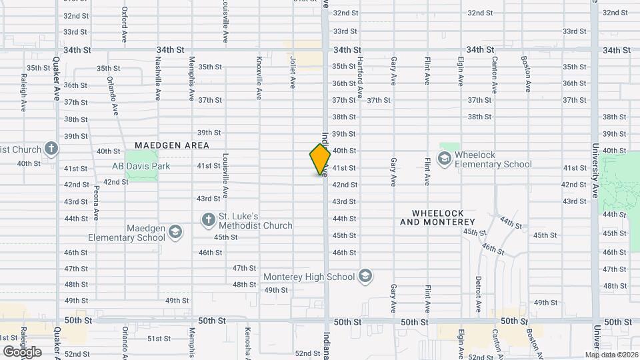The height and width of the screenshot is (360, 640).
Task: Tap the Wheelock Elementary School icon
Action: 444,158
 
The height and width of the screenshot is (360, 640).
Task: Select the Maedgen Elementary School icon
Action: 175,232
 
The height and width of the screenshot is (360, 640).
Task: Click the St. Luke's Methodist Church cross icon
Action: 208,219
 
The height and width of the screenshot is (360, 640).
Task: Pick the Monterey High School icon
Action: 364,276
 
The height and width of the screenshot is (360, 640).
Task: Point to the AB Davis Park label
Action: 141,166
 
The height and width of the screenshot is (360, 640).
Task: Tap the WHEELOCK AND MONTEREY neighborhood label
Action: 437,217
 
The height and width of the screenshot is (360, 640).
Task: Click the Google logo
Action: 22,351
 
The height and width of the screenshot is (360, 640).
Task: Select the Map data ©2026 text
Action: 611,355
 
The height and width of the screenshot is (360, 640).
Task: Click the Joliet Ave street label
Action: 292,72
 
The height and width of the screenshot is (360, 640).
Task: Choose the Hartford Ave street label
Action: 359,77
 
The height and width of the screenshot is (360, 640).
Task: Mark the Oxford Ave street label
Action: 125,25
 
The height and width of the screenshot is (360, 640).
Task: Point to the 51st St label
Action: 159,339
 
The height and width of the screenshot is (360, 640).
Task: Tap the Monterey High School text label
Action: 309,277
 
